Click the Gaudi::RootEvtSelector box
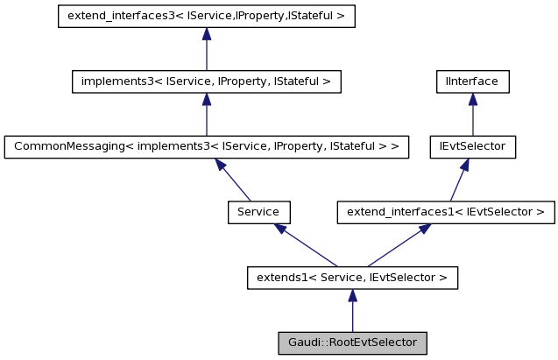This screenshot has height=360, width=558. [351, 342]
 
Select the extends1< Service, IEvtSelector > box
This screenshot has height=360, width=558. [351, 278]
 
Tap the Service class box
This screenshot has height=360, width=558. [258, 211]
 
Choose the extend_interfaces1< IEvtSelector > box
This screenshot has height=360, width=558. [446, 211]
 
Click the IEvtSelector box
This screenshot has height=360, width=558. [472, 146]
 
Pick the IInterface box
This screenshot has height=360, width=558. [472, 81]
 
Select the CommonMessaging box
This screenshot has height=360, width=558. [206, 146]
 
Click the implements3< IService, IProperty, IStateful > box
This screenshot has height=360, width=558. [206, 81]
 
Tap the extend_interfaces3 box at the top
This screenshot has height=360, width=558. [206, 17]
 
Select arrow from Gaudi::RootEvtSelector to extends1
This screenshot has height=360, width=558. [351, 311]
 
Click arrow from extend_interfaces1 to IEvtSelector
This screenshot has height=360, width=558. [459, 179]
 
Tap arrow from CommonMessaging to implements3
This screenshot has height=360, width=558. [206, 114]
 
